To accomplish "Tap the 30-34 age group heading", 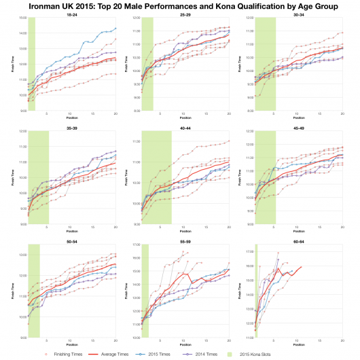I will click(x=300, y=14).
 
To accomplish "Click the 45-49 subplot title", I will click(x=300, y=127).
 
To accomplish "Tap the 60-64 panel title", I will click(x=300, y=240).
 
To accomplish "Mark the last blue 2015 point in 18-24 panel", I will click(x=115, y=29).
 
